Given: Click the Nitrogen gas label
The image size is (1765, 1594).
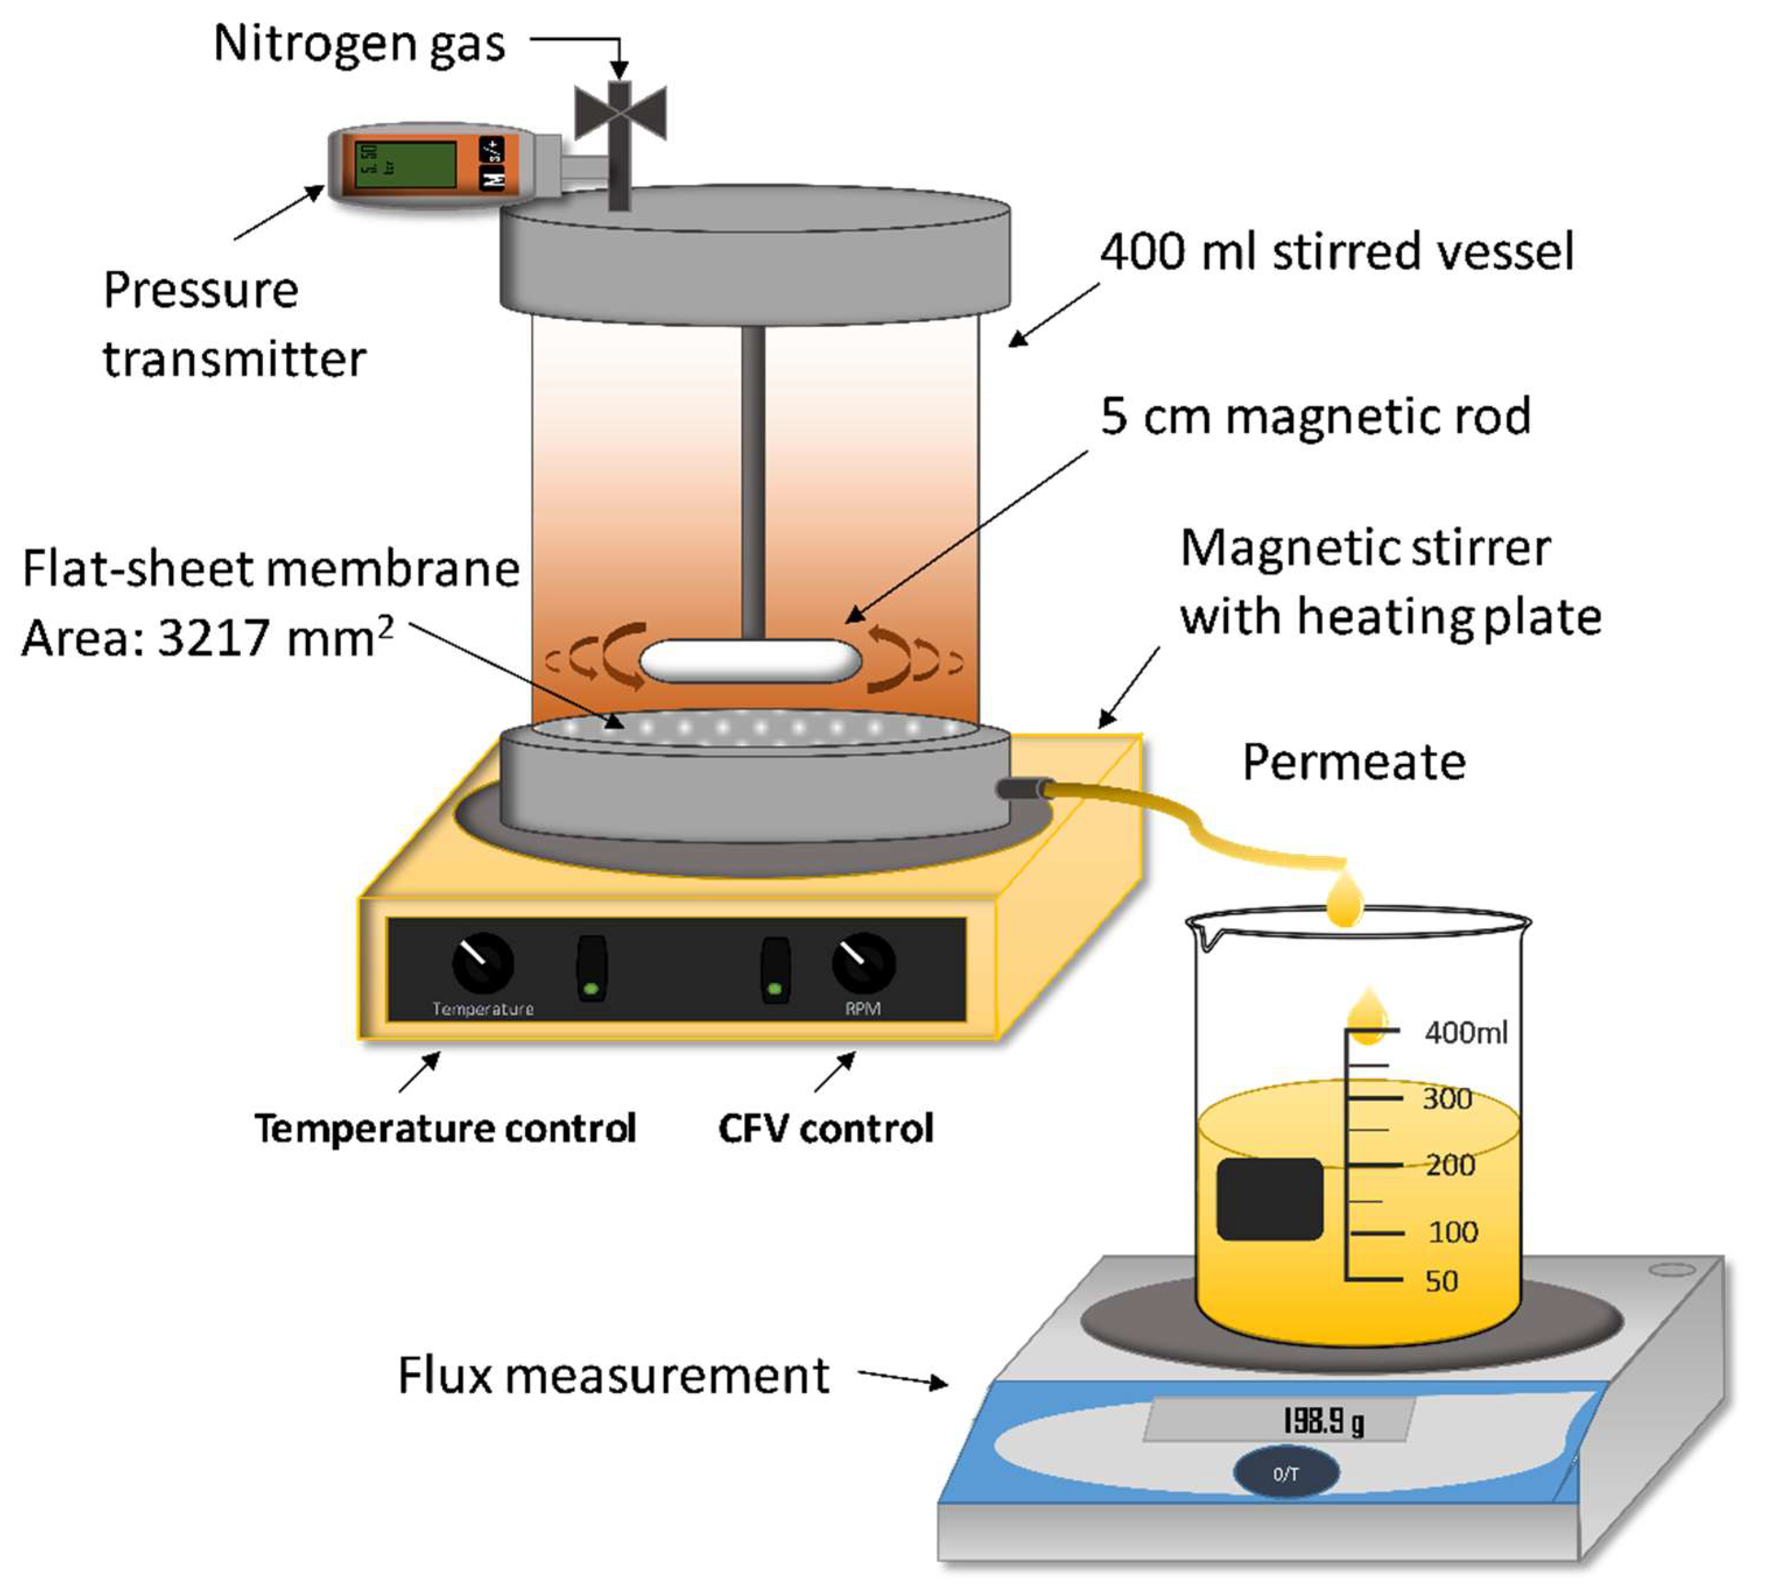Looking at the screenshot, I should tap(359, 44).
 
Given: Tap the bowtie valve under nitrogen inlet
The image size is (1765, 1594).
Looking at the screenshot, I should tap(620, 112).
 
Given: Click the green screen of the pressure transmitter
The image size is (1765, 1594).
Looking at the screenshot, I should tap(404, 164).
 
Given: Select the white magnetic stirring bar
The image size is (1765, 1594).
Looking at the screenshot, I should tap(751, 661).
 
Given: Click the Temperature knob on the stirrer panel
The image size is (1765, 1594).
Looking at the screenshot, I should tap(482, 962).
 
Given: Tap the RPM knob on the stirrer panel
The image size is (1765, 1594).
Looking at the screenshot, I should tap(862, 962).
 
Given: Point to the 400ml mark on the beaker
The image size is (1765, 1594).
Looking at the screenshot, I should tap(1465, 1033).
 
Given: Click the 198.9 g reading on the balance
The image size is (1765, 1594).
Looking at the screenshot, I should tap(1322, 1420).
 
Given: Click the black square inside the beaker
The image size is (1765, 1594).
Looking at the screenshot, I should tap(1270, 1198).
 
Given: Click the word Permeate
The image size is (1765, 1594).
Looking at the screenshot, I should tap(1354, 761).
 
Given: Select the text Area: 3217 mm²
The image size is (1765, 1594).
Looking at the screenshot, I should tap(207, 637).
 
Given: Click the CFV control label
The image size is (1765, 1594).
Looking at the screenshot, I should tap(826, 1129).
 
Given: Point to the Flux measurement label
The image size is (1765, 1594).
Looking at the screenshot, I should tap(613, 1375).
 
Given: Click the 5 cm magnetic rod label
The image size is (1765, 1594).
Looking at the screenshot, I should tap(1315, 416).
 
